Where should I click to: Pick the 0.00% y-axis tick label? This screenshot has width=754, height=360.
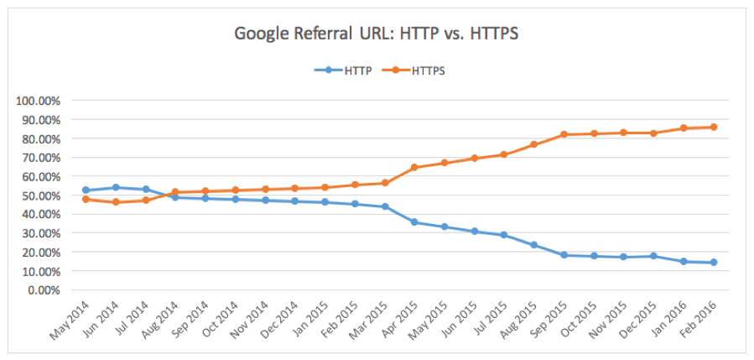43,290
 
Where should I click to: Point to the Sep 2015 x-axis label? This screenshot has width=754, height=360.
548,319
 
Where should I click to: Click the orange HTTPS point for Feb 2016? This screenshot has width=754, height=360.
714,128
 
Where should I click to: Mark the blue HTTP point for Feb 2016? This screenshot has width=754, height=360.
714,263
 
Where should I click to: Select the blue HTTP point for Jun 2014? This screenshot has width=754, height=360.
116,187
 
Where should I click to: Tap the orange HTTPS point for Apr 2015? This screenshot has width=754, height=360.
414,168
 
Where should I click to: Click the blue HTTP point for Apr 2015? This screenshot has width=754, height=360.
414,222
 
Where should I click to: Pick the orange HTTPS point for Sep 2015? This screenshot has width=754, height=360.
564,134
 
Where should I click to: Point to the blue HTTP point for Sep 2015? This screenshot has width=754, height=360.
564,255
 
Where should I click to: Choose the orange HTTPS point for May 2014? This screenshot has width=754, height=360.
86,200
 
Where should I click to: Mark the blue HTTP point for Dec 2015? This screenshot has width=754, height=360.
654,256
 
